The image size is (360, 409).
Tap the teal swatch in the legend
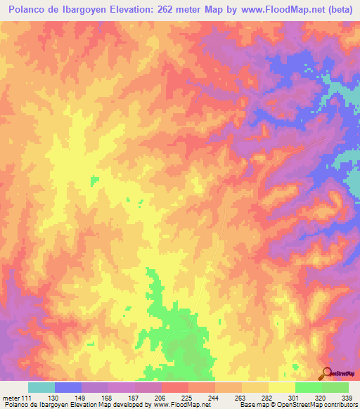41,387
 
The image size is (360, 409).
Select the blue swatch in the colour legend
67,387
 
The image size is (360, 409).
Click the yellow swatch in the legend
281,387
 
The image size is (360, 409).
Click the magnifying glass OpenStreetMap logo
326,373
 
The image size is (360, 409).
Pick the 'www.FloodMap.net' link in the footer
182,405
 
